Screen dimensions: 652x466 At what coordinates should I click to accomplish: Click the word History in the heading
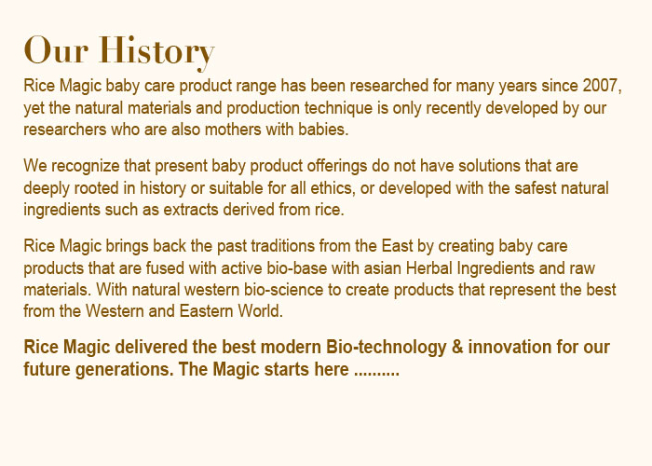(156, 51)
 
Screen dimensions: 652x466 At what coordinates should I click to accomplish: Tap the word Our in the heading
(56, 50)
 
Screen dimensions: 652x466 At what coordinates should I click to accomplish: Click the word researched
(388, 86)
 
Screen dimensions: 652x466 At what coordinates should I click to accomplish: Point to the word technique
(338, 108)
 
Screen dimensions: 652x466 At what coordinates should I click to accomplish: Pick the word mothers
(233, 130)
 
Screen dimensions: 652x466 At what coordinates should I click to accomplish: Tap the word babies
(323, 130)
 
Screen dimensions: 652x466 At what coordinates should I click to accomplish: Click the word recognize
(86, 167)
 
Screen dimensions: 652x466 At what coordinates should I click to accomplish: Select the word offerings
(337, 167)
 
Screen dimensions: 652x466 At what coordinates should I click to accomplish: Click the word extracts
(191, 210)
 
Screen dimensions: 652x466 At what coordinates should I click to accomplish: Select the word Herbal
(429, 268)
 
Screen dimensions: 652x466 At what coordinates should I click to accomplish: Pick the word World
(260, 311)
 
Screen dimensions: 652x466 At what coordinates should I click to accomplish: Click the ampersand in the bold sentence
(457, 347)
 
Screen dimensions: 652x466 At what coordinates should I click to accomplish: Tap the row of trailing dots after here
(376, 374)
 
